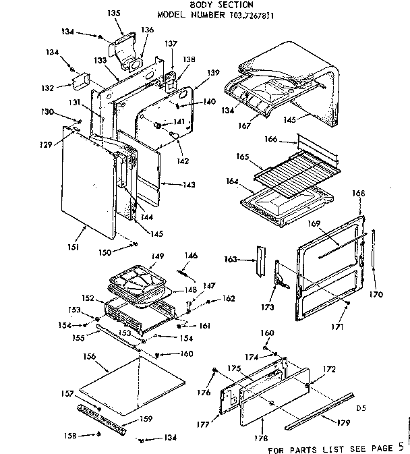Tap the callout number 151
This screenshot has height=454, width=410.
pos(74,248)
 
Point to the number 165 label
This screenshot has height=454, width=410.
pos(242,157)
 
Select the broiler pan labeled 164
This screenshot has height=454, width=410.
pos(287,202)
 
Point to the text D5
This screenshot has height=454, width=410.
pos(362,407)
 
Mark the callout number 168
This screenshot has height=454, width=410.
pos(359,194)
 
